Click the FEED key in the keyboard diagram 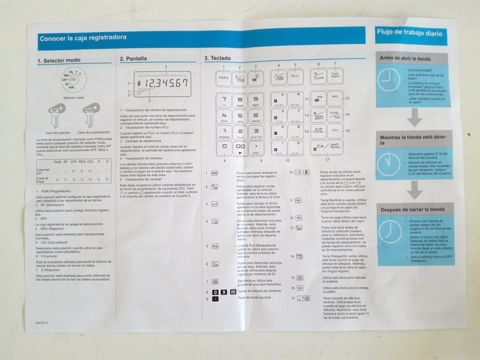click(223, 78)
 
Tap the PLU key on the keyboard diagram click(295, 77)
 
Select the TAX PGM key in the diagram click(335, 77)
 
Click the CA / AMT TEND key click(328, 146)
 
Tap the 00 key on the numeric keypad click(241, 148)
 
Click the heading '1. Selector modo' click(58, 61)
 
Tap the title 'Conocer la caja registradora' click(83, 38)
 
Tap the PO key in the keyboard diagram click(335, 97)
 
